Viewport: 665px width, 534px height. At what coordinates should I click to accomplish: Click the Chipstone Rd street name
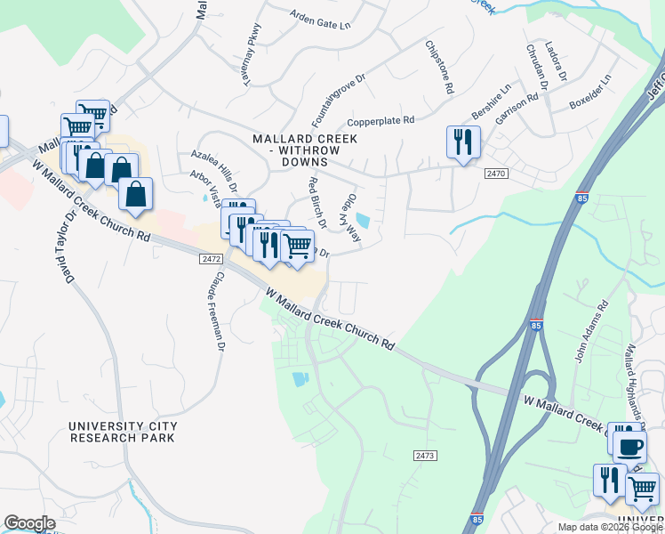440,68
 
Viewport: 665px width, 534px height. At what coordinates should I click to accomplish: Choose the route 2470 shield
496,174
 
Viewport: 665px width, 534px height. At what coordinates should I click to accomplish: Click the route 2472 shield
210,259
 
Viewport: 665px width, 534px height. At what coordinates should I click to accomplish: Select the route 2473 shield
425,455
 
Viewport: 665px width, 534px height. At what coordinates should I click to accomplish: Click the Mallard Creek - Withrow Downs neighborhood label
305,150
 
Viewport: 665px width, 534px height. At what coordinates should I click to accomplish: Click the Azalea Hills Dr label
214,170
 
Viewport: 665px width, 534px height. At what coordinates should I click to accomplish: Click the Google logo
29,523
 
